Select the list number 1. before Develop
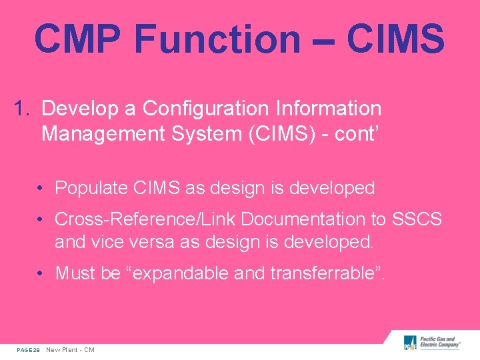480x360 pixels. [23, 108]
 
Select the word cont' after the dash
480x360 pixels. [356, 134]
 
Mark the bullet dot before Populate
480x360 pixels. [41, 189]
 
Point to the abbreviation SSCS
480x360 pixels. [418, 219]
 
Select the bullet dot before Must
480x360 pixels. [41, 273]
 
